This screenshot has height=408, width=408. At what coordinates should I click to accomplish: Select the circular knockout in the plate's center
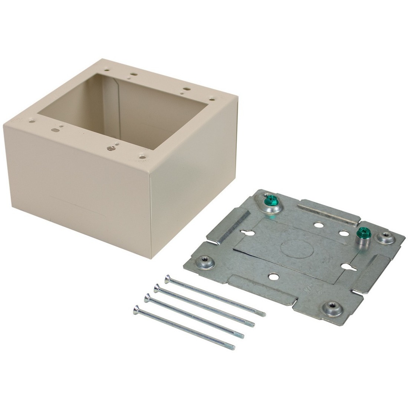[293, 247]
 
